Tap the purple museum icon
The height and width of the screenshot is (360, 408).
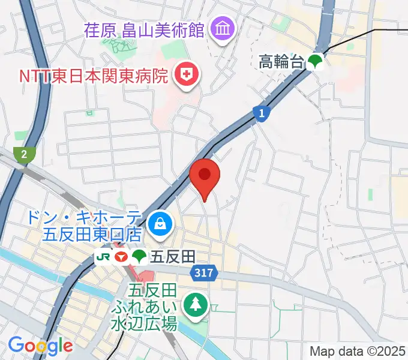click(x=223, y=28)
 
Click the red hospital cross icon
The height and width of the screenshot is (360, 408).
click(x=186, y=76)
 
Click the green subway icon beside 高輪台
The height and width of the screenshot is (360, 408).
click(x=315, y=61)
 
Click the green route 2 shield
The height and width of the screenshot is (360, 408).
click(x=24, y=155)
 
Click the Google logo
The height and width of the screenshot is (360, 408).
click(x=40, y=345)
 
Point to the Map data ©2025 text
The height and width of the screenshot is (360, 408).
click(x=357, y=351)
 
